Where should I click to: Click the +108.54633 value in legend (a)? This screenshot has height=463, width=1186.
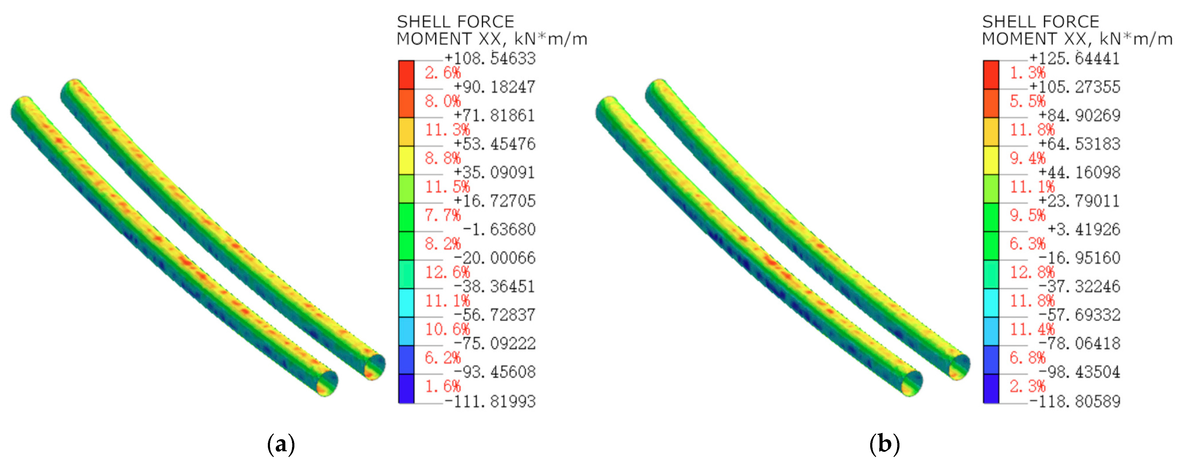(x=490, y=58)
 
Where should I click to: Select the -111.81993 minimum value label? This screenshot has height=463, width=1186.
(x=490, y=401)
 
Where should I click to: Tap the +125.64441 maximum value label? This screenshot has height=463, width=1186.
(x=1075, y=58)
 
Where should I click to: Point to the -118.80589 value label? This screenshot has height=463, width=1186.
(x=1075, y=401)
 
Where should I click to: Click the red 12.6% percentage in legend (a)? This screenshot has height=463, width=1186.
(x=447, y=272)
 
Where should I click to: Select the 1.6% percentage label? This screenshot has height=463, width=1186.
(x=442, y=387)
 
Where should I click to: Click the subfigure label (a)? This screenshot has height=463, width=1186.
(x=281, y=444)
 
